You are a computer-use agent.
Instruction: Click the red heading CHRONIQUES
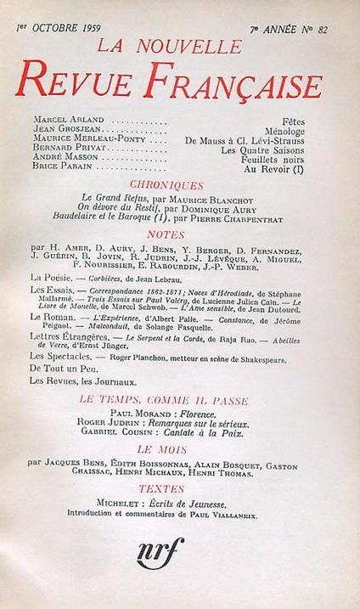177,184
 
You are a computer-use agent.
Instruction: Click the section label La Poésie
52,278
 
